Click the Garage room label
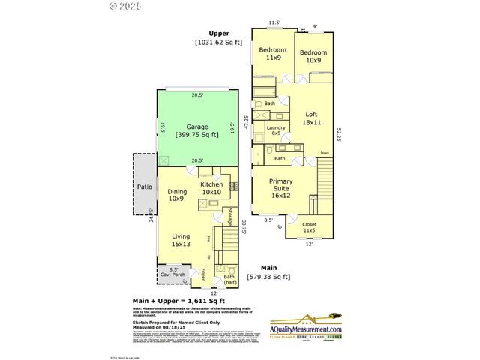[197, 127]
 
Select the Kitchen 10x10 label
[211, 188]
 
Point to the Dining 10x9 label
[177, 195]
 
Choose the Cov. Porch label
[172, 271]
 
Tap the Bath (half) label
[225, 279]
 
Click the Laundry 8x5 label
[277, 132]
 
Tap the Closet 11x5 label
[310, 228]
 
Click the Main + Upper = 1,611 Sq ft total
[175, 299]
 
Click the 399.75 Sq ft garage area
[197, 135]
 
